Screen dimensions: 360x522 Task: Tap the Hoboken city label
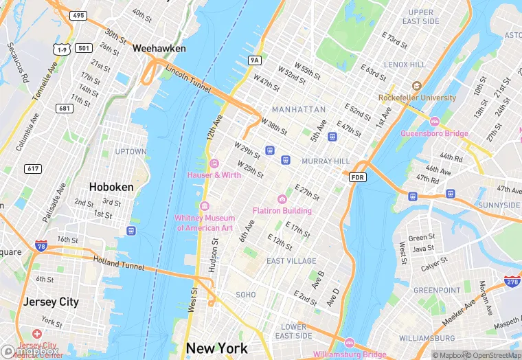(x=111, y=186)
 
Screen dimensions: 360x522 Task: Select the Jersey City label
(x=51, y=302)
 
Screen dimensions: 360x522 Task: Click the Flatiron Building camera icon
(x=282, y=199)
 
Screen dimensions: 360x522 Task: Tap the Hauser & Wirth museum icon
(x=214, y=164)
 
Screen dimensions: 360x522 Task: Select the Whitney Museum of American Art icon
(x=204, y=207)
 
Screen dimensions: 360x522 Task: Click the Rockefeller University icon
(x=416, y=87)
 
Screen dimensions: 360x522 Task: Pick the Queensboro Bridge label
(x=434, y=133)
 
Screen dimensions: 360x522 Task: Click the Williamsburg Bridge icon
(x=349, y=343)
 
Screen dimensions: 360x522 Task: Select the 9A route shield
(x=255, y=60)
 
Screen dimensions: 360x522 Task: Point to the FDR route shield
(x=357, y=178)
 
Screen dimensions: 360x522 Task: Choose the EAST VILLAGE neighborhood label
(x=291, y=261)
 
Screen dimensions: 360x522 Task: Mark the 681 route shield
(x=65, y=108)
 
